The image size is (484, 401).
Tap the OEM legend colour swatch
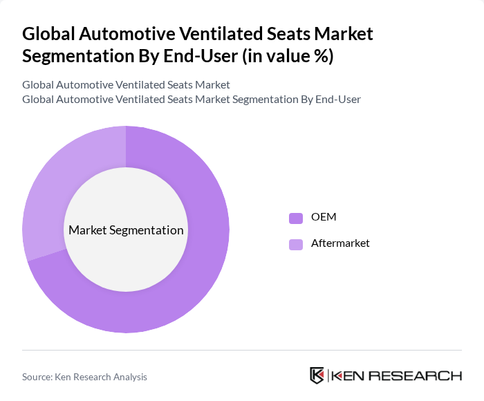(x=296, y=218)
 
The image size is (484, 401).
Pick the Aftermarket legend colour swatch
(x=296, y=244)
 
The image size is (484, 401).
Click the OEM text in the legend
(x=324, y=217)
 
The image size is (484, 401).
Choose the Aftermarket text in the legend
(x=340, y=243)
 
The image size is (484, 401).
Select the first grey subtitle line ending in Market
(x=126, y=85)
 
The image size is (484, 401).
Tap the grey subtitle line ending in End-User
(x=192, y=100)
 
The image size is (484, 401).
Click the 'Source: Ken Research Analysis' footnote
(x=84, y=377)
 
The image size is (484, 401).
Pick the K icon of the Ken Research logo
(x=317, y=376)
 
